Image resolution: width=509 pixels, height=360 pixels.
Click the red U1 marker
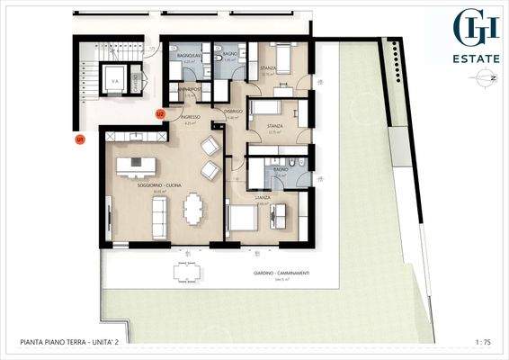79,139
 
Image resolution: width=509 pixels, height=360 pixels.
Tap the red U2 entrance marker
159,114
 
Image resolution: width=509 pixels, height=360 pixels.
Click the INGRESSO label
189,117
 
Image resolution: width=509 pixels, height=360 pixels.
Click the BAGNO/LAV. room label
189,56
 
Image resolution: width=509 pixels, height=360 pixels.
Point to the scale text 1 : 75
483,342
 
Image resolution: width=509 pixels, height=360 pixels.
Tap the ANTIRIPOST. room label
189,90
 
